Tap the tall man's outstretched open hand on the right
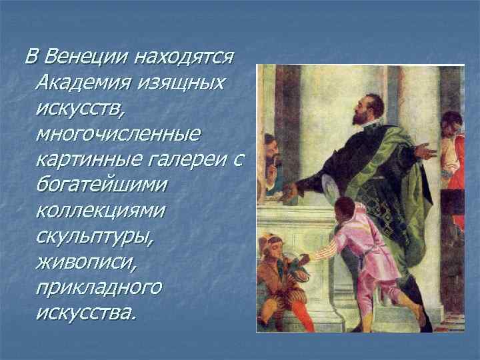coord(425,150)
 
